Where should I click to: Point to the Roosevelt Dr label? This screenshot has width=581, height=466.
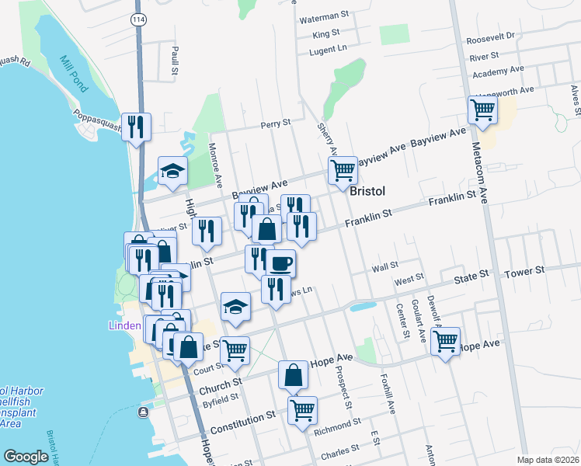click(491, 37)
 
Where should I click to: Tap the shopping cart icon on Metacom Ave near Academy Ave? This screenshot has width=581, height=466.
click(482, 111)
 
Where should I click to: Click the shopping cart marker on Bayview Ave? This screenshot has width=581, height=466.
click(343, 170)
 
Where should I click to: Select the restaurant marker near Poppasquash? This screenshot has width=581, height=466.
click(137, 127)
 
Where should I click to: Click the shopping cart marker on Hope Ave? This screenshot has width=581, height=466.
click(446, 341)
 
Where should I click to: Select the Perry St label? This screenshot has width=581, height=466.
click(275, 123)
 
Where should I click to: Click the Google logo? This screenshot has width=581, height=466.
click(26, 457)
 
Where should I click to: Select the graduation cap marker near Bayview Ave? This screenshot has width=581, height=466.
click(172, 172)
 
